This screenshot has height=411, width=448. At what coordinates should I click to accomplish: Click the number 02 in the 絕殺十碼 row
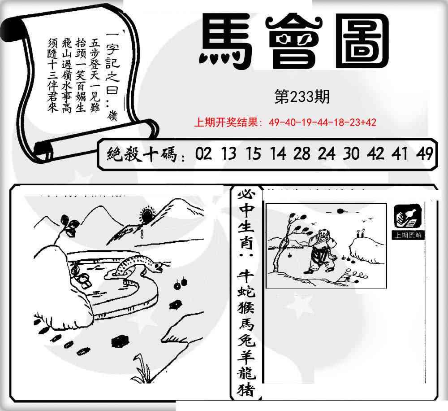tap(203, 154)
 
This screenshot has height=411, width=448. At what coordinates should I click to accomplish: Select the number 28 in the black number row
tap(302, 154)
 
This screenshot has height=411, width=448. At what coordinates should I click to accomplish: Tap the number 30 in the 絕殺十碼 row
tap(351, 154)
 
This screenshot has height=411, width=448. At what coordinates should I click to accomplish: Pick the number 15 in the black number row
tap(253, 154)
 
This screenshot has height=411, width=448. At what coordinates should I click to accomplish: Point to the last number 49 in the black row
tap(424, 154)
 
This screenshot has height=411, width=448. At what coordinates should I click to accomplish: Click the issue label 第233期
tap(302, 97)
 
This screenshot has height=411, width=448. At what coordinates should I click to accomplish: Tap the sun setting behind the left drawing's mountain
tap(146, 212)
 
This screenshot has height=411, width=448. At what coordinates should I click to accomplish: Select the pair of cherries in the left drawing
tap(181, 284)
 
